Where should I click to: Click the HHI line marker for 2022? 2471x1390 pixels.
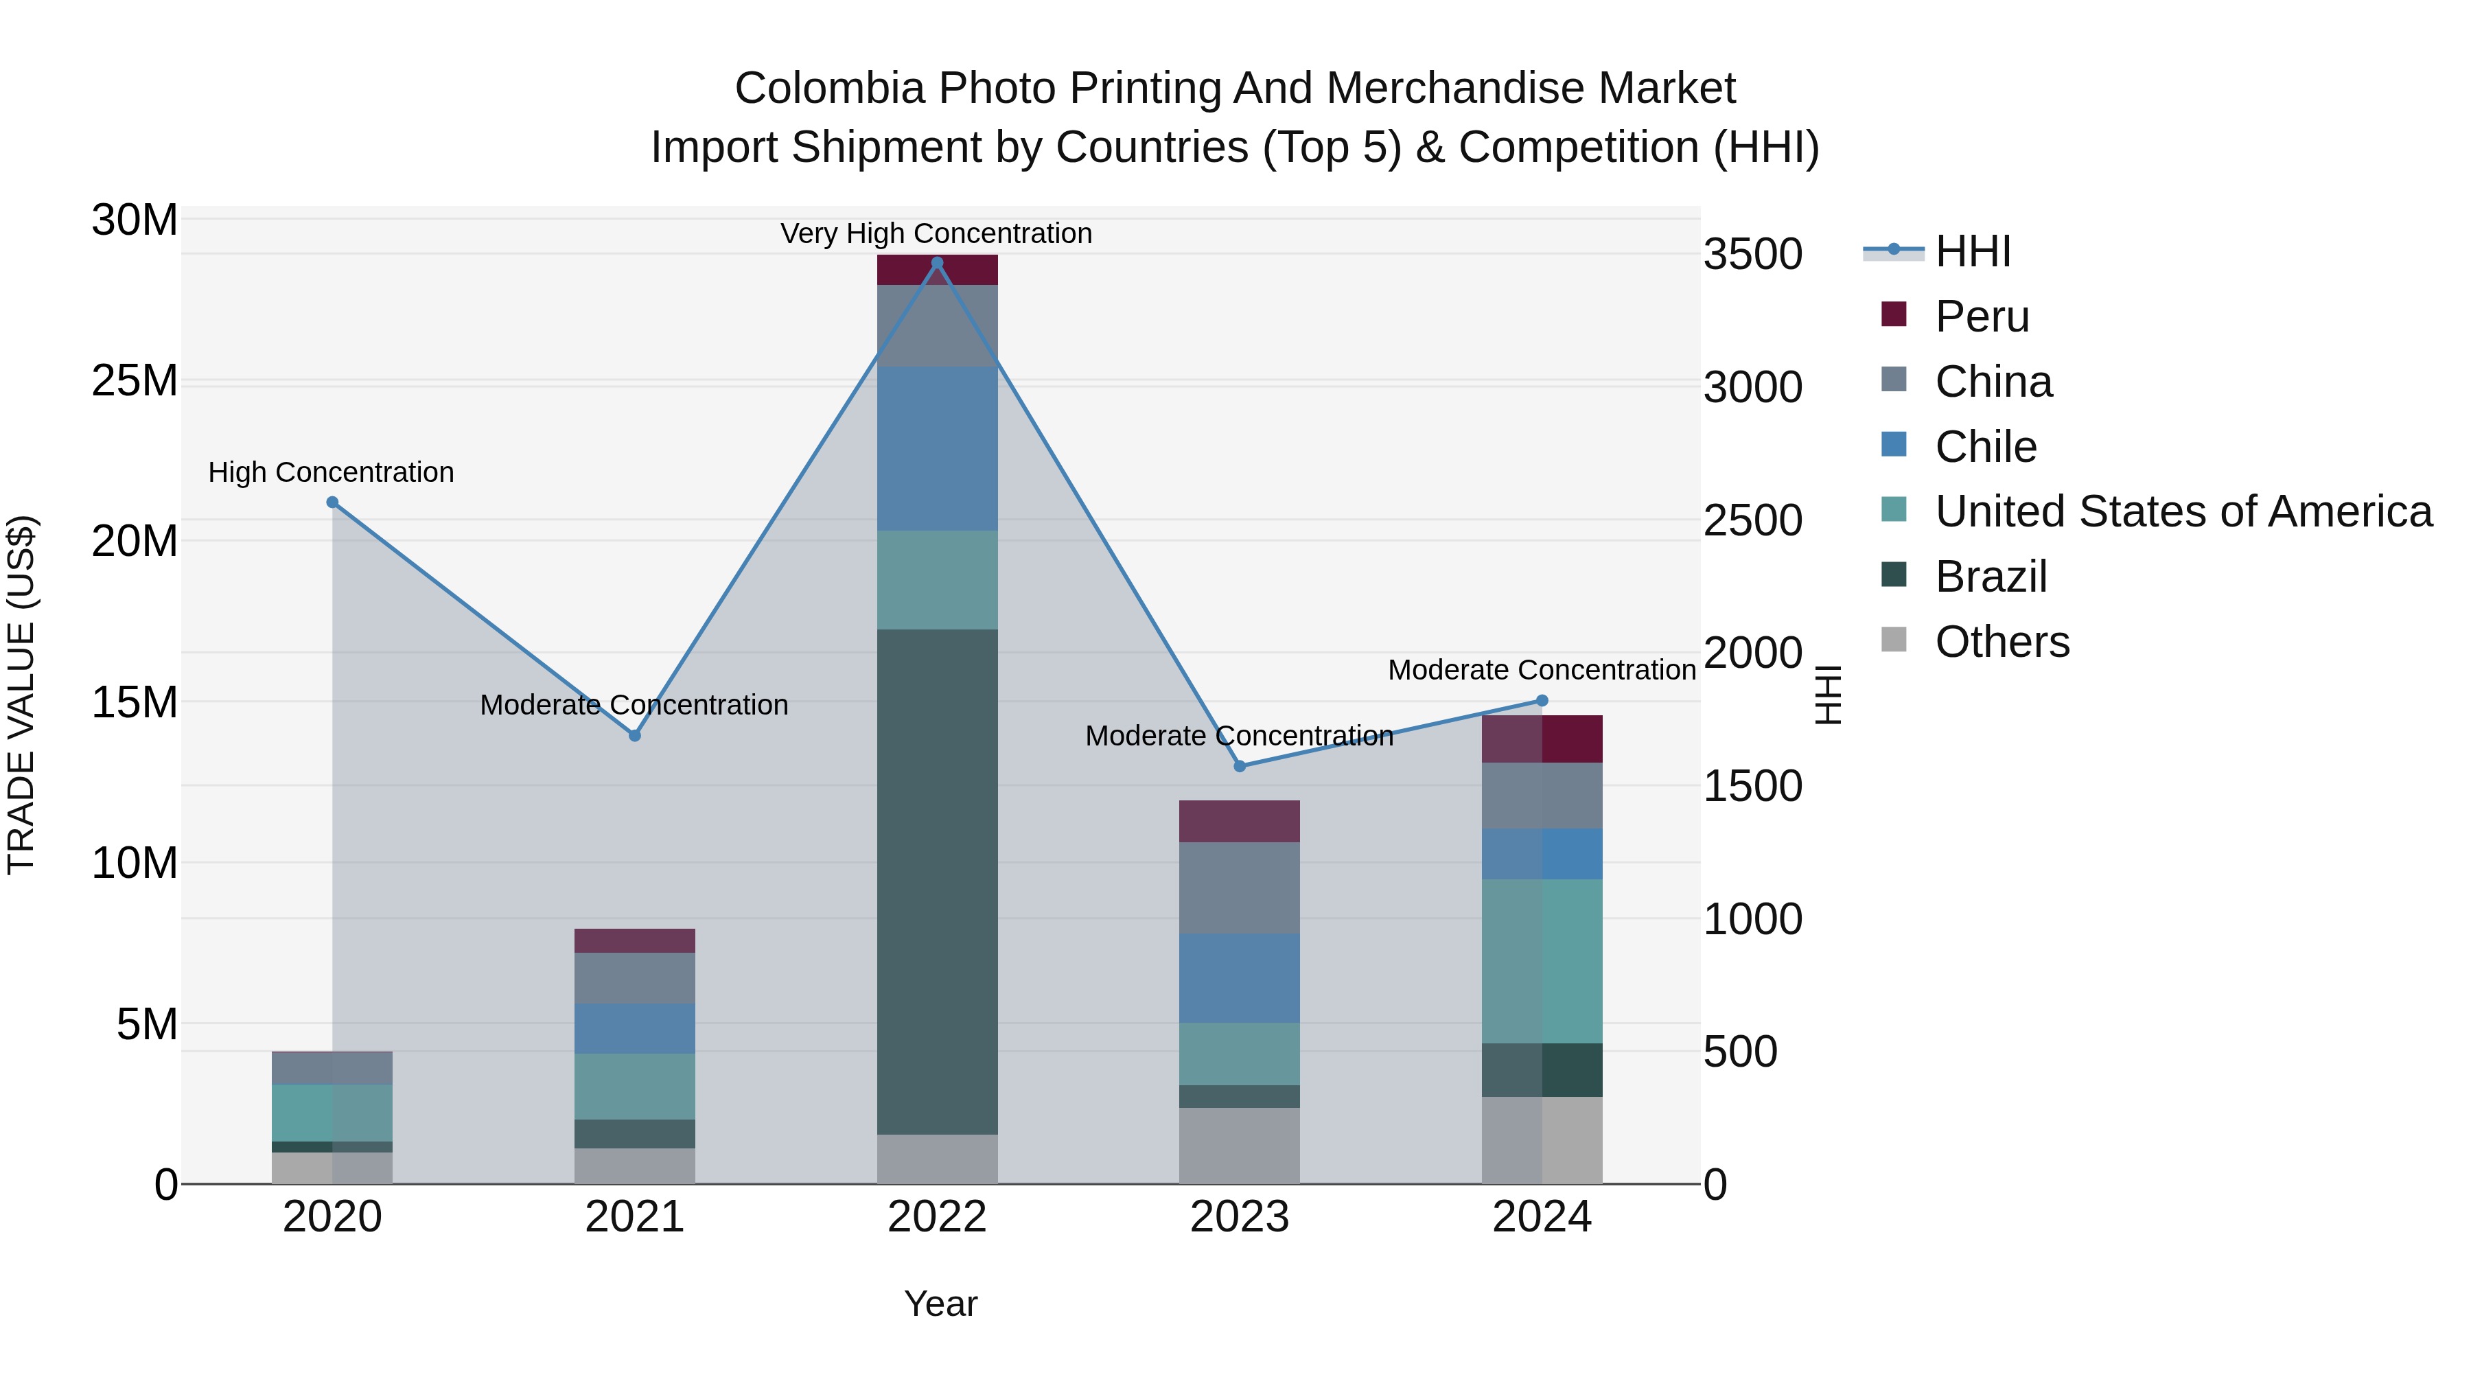pos(937,263)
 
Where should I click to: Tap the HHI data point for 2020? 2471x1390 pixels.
pos(332,502)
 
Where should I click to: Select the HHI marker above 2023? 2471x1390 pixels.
pos(1240,765)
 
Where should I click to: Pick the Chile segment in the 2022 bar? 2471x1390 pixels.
pos(937,448)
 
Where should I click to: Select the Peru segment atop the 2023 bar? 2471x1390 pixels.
pos(1240,821)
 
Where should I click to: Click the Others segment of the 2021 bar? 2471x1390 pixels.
pos(634,1166)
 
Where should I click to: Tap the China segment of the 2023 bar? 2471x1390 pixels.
pos(1240,888)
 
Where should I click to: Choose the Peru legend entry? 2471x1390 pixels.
pos(1982,316)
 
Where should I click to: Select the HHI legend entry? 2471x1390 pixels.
pos(1972,251)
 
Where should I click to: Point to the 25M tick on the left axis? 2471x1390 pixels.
pos(135,381)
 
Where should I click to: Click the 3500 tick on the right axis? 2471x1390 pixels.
pos(1752,255)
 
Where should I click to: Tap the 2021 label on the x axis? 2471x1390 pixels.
pos(634,1217)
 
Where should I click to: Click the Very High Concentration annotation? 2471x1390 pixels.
pos(936,233)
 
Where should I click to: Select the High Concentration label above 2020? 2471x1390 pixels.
pos(331,472)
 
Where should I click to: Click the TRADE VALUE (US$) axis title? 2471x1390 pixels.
pos(21,695)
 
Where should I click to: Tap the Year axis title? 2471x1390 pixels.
pos(940,1304)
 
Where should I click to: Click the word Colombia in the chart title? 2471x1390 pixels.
pos(828,89)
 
